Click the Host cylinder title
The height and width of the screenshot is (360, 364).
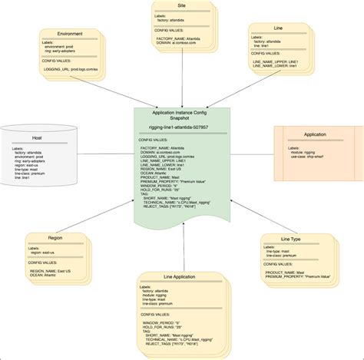(x=37, y=138)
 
